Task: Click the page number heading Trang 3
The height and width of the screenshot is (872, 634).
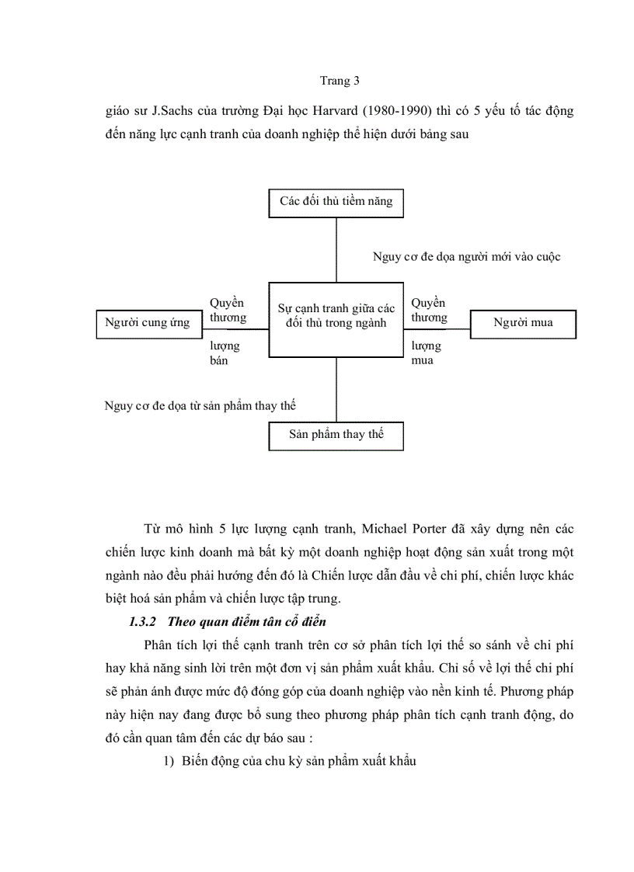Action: point(340,81)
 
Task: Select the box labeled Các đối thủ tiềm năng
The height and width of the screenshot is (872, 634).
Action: point(336,202)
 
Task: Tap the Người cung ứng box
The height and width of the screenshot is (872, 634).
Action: point(147,323)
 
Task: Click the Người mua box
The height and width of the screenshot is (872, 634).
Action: point(523,323)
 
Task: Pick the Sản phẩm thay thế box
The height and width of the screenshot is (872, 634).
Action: point(336,435)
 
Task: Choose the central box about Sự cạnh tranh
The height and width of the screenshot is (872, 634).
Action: point(336,317)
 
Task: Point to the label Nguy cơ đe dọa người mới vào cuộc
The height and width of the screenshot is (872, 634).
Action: point(466,257)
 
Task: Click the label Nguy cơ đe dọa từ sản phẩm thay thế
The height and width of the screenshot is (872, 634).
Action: point(200,406)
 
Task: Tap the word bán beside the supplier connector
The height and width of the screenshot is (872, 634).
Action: point(218,360)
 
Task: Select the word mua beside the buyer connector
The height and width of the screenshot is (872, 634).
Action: point(423,360)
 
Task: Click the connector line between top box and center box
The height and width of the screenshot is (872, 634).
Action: point(336,248)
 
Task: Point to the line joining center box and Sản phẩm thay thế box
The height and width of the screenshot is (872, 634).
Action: point(336,389)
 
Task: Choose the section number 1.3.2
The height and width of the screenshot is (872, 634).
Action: point(144,600)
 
